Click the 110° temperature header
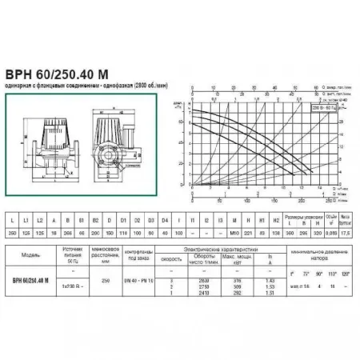pyautogui.click(x=334, y=274)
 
